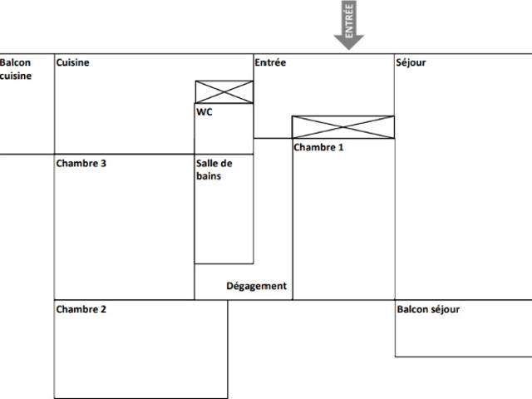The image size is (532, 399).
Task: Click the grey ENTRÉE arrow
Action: click(349, 25)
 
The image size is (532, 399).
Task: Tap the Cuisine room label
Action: click(72, 62)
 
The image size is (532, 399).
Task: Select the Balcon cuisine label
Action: click(16, 69)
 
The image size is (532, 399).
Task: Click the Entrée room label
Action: click(270, 62)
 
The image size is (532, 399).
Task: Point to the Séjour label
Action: click(411, 63)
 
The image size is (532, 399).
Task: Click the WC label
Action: click(204, 111)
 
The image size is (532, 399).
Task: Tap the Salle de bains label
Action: click(214, 170)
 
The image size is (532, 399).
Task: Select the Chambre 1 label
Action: click(318, 147)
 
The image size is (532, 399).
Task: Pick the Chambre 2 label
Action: click(81, 309)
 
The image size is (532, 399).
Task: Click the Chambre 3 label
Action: click(81, 163)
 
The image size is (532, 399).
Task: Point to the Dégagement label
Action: click(257, 286)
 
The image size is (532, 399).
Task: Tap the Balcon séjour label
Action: click(428, 309)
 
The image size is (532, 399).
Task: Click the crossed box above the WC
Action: click(224, 92)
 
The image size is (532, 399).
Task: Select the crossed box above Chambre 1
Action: click(343, 127)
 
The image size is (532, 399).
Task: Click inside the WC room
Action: click(224, 132)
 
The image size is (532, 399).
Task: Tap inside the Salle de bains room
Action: click(224, 217)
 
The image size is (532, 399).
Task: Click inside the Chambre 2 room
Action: click(140, 352)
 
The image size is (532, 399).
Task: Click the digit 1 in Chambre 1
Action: click(340, 147)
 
